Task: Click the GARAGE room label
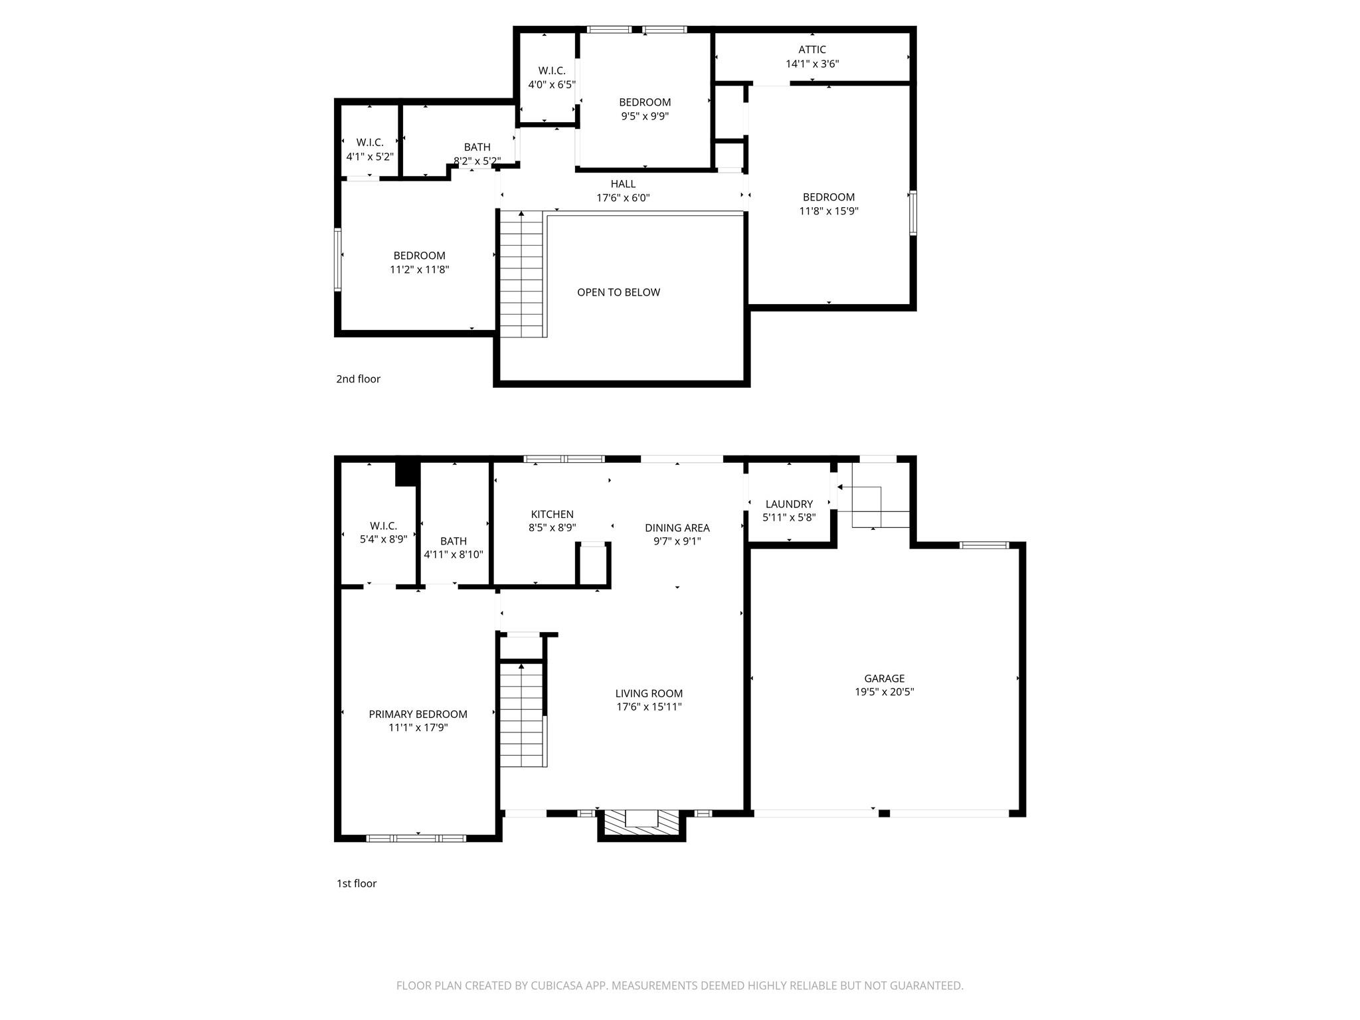(884, 678)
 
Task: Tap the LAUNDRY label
(789, 504)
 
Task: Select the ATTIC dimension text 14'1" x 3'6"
(812, 64)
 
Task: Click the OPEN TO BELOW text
(618, 292)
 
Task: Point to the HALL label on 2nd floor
(623, 184)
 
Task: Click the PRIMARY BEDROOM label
(418, 714)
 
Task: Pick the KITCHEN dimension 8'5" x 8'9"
(552, 528)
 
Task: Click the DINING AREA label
(677, 528)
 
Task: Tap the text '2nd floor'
(358, 379)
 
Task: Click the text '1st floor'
(356, 883)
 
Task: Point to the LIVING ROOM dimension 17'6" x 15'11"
(649, 707)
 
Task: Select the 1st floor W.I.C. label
(383, 526)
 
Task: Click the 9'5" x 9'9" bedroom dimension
(644, 116)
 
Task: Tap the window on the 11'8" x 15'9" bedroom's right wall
(912, 213)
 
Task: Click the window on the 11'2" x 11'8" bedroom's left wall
(337, 260)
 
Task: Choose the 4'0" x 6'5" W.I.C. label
(551, 70)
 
